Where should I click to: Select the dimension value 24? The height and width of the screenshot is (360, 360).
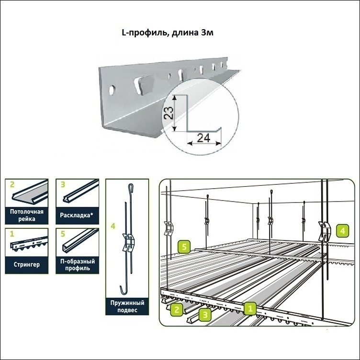204,138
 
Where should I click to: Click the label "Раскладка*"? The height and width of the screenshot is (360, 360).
77,215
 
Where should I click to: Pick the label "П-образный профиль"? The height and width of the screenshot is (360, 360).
77,265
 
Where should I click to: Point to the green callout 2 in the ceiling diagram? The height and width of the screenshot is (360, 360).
176,310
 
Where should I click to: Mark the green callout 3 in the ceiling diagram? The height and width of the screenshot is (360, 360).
205,315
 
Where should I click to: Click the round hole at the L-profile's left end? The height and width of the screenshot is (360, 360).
112,89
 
